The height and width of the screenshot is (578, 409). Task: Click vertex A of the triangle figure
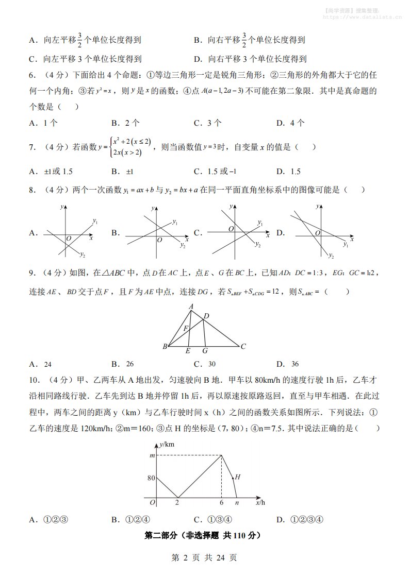coord(191,307)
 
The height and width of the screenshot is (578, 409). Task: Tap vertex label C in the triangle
coord(243,347)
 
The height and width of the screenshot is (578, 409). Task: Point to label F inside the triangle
coord(186,327)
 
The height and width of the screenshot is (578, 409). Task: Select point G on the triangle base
coord(205,351)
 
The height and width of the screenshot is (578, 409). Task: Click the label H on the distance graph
coord(237,477)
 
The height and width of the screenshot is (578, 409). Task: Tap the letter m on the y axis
coord(152,455)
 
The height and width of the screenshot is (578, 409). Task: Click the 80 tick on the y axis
coord(151,478)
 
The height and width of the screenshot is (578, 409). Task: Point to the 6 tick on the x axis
coord(222,503)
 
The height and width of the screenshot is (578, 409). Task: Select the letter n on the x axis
coord(237,503)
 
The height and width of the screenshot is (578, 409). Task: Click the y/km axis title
coord(167,444)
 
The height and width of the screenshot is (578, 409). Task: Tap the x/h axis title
coord(260,502)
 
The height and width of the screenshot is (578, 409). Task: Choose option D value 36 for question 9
coord(295,364)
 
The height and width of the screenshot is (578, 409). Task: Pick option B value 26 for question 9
coord(129,364)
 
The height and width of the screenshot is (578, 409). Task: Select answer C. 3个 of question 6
coord(207,123)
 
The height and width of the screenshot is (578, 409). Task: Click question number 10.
coord(34,381)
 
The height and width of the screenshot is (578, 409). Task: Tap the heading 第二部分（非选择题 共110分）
coord(204,536)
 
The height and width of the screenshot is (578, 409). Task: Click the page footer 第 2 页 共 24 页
coord(204,557)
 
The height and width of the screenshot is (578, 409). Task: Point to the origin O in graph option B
coord(160,240)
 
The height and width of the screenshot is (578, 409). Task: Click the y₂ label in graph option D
coord(332,256)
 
